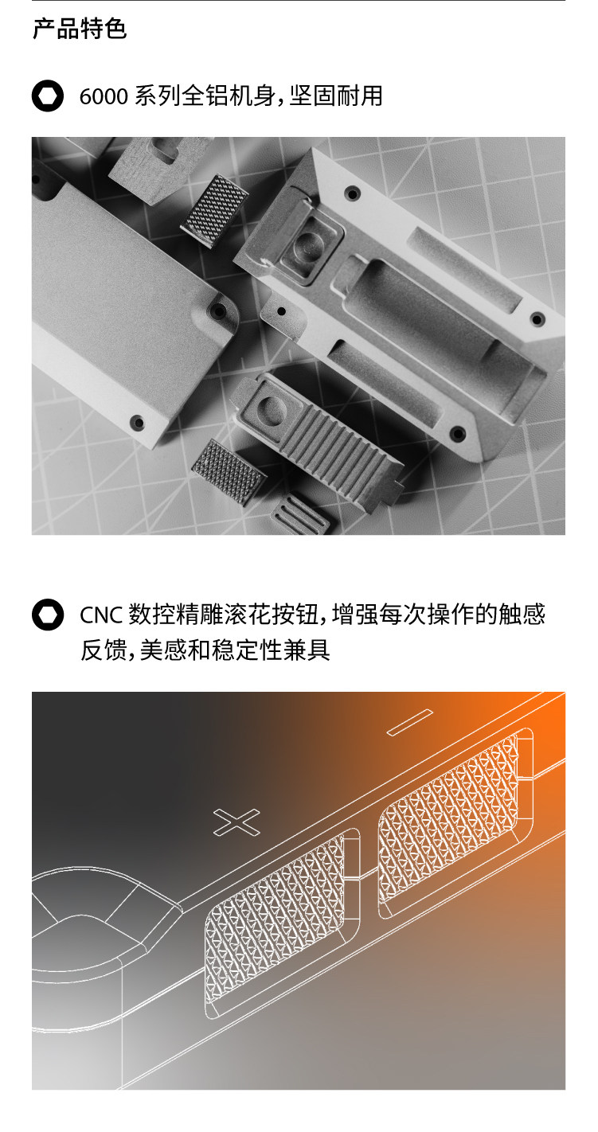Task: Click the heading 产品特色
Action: click(80, 29)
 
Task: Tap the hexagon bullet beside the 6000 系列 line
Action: click(48, 96)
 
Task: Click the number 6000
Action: click(104, 96)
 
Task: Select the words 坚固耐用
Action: click(336, 96)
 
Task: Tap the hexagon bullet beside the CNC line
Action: click(48, 615)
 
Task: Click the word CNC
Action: click(101, 615)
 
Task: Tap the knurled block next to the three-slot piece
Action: click(229, 471)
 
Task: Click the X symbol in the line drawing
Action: click(236, 822)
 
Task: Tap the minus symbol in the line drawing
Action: click(410, 722)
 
